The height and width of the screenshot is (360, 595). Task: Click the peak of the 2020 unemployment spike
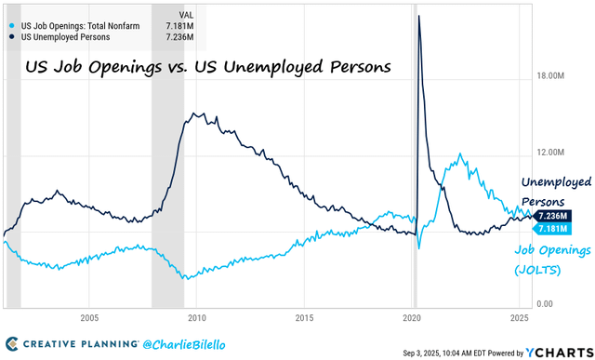pyautogui.click(x=419, y=17)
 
